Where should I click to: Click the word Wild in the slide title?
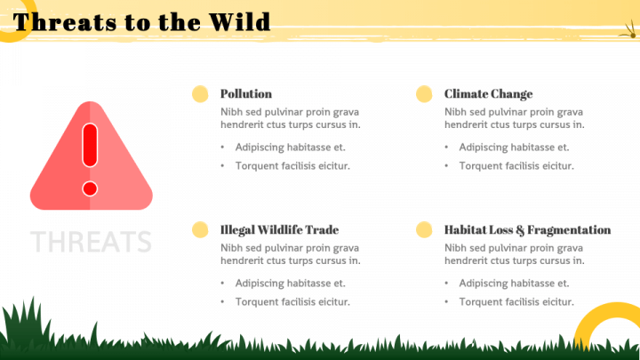tap(240, 22)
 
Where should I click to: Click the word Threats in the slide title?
tap(65, 22)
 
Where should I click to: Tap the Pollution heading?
tap(246, 94)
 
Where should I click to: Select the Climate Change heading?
tap(489, 94)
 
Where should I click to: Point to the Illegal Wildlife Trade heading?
tap(280, 230)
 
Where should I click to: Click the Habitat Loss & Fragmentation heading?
tap(528, 230)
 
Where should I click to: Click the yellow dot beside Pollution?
tap(200, 94)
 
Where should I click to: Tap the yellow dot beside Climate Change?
tap(424, 94)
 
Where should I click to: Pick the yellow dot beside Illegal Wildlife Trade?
tap(200, 230)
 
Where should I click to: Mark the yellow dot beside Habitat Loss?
tap(424, 230)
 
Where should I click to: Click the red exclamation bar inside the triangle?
tap(90, 145)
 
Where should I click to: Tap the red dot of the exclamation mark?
tap(90, 189)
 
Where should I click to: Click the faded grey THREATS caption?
tap(91, 242)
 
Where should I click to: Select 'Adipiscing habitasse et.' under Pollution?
tap(290, 148)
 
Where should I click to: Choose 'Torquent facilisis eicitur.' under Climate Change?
tap(516, 166)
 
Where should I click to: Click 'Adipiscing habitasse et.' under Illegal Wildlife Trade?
tap(290, 284)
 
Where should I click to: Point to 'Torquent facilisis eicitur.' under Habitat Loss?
tap(516, 302)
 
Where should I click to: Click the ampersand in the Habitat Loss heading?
tap(520, 230)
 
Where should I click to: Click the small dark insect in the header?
tap(629, 33)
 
